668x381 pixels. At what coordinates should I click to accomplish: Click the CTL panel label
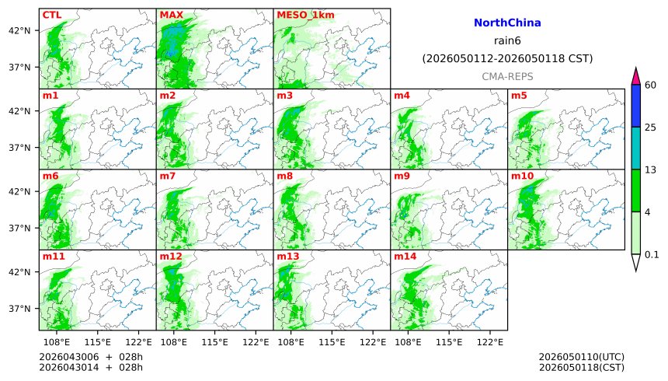coord(52,15)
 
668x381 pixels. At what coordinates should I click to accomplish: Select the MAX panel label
coord(171,15)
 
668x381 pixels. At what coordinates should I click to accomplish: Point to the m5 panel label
coord(519,96)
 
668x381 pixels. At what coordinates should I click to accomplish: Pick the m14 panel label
coord(405,257)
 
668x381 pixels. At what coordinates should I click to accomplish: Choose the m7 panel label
coord(167,177)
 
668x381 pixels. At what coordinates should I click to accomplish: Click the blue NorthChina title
coord(507,23)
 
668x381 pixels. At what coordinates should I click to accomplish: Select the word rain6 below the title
coord(507,41)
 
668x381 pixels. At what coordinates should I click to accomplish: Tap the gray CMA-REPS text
coord(507,76)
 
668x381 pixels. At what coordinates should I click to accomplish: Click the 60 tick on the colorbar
coord(651,85)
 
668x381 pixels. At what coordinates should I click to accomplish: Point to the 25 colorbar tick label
coord(651,128)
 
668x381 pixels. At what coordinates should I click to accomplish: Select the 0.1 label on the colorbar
coord(652,254)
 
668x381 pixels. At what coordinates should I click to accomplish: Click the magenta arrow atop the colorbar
coord(635,75)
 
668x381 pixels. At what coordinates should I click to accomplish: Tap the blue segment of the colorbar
coord(635,106)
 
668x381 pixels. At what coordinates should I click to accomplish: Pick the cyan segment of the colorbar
coord(635,148)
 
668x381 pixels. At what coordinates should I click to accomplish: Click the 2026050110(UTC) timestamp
coord(581,357)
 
